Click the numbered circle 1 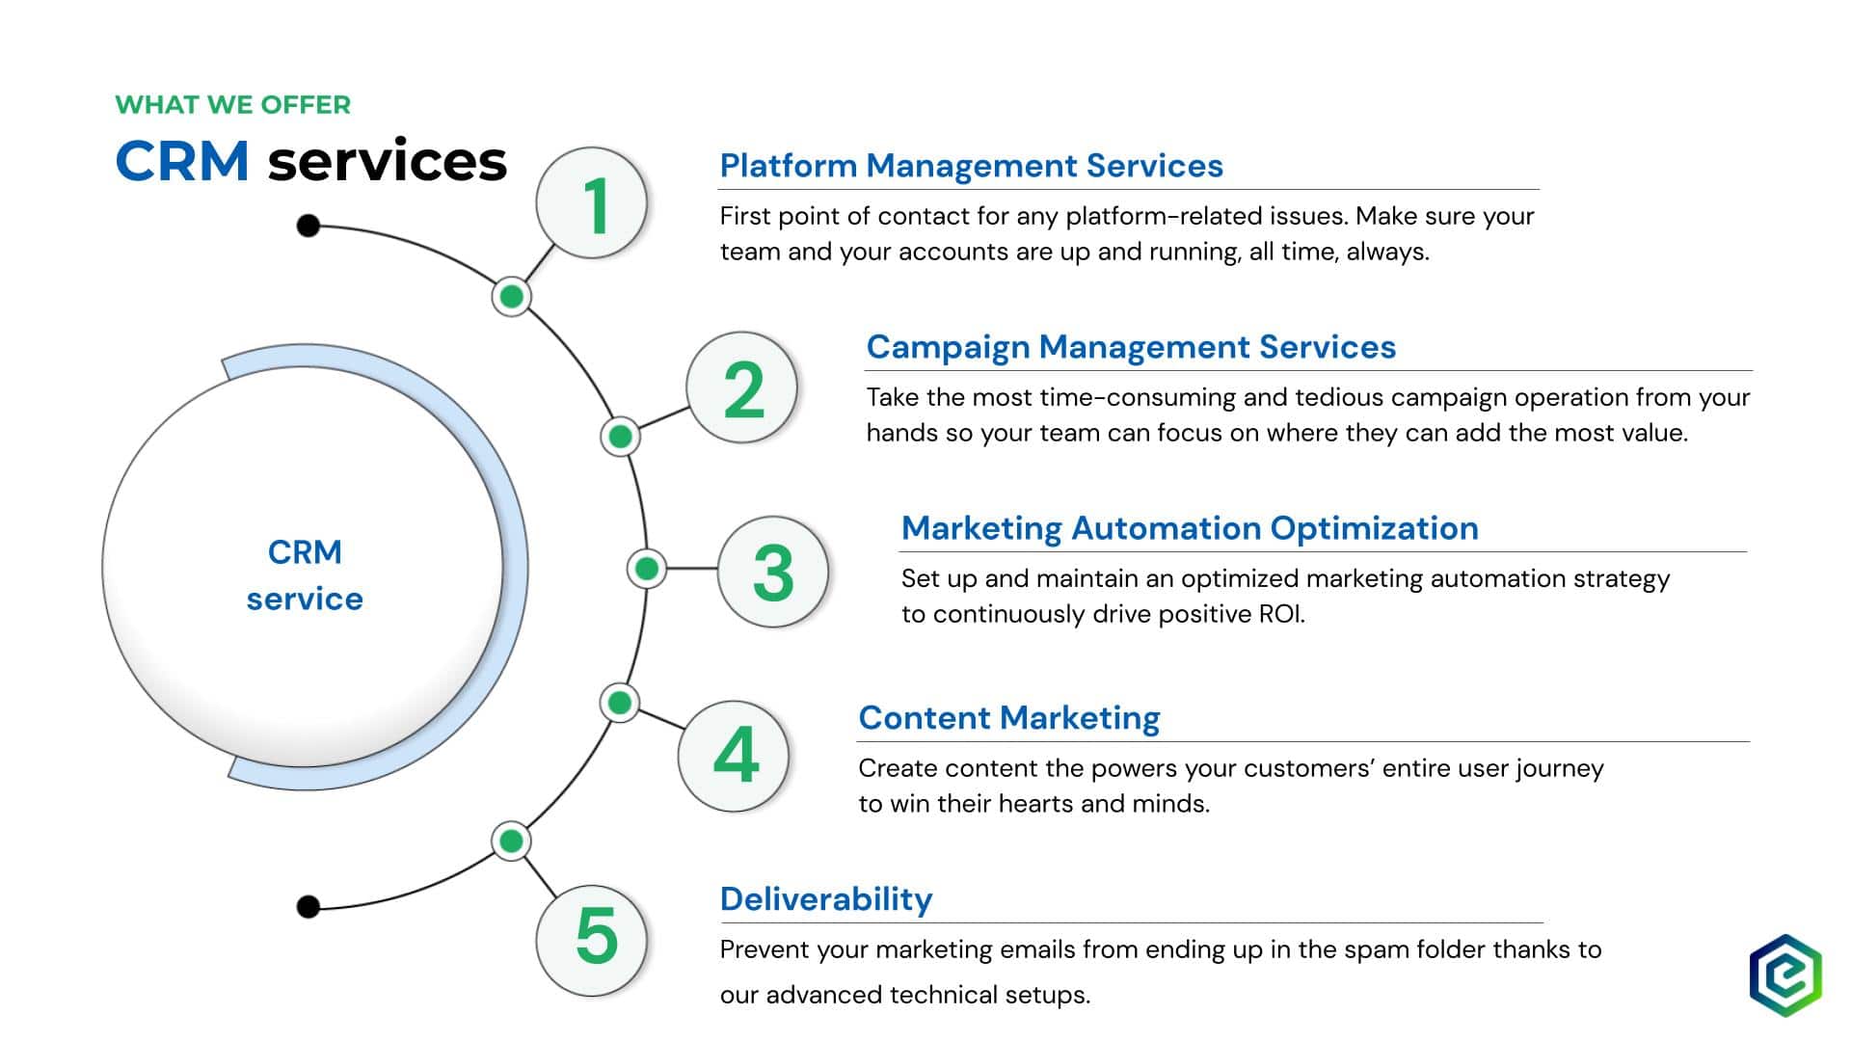pos(591,202)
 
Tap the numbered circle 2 pos(741,387)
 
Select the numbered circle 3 pos(773,572)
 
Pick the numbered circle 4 pos(734,756)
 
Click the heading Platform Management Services pos(971,166)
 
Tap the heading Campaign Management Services pos(1131,347)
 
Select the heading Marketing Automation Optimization pos(1190,528)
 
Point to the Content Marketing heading pos(1009,718)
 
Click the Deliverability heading pos(826,899)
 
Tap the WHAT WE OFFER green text pos(233,104)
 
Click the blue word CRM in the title pos(182,161)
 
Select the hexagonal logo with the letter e pos(1785,974)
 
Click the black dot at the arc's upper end pos(308,226)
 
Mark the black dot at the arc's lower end pos(308,906)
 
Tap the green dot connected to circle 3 pos(647,569)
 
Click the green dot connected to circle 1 pos(511,296)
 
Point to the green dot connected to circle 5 pos(511,841)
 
